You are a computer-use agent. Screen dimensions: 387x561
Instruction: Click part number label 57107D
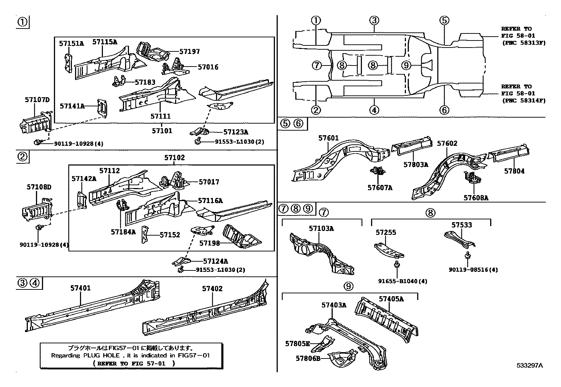pos(37,100)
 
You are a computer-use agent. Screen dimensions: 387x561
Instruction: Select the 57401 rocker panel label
pos(80,288)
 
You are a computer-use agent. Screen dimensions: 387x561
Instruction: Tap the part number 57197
pos(189,52)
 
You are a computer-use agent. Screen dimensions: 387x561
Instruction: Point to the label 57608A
pos(476,198)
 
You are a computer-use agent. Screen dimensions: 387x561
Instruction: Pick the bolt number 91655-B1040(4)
pos(403,281)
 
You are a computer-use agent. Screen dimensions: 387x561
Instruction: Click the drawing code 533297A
pos(530,366)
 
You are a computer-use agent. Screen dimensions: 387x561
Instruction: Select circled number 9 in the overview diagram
pos(406,65)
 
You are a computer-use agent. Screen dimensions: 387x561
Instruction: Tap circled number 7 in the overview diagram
pos(316,65)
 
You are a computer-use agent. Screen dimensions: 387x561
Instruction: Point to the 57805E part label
pos(297,344)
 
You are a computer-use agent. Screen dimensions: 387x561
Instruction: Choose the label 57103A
pos(321,229)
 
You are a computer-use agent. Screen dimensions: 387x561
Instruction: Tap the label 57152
pos(169,235)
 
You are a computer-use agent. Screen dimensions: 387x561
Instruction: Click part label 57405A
pos(391,299)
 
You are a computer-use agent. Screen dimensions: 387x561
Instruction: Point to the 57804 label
pos(514,171)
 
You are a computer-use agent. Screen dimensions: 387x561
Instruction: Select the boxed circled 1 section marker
pos(23,23)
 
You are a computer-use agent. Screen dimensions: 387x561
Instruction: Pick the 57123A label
pos(236,132)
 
